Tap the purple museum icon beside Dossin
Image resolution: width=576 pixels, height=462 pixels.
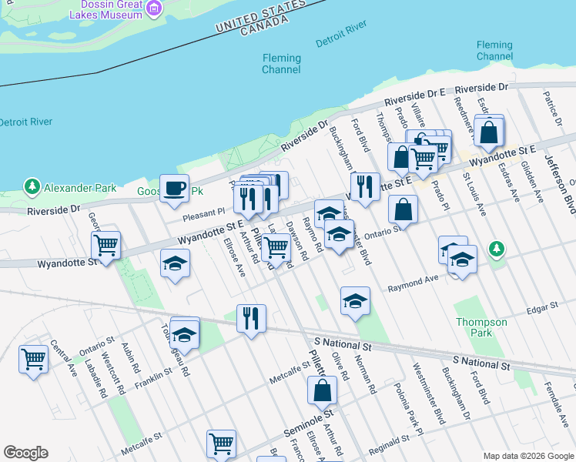click(x=155, y=8)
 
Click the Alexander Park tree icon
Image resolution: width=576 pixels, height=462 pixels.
click(x=32, y=186)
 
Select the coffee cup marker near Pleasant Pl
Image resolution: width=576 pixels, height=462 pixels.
click(x=174, y=187)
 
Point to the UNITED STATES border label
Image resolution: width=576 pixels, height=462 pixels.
click(x=259, y=16)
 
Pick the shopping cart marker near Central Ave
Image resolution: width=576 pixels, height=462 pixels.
click(x=34, y=359)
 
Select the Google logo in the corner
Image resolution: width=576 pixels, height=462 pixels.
click(x=25, y=453)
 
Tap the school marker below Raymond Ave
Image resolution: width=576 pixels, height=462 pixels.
click(x=355, y=300)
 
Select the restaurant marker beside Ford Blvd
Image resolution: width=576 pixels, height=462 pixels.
click(x=365, y=186)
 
